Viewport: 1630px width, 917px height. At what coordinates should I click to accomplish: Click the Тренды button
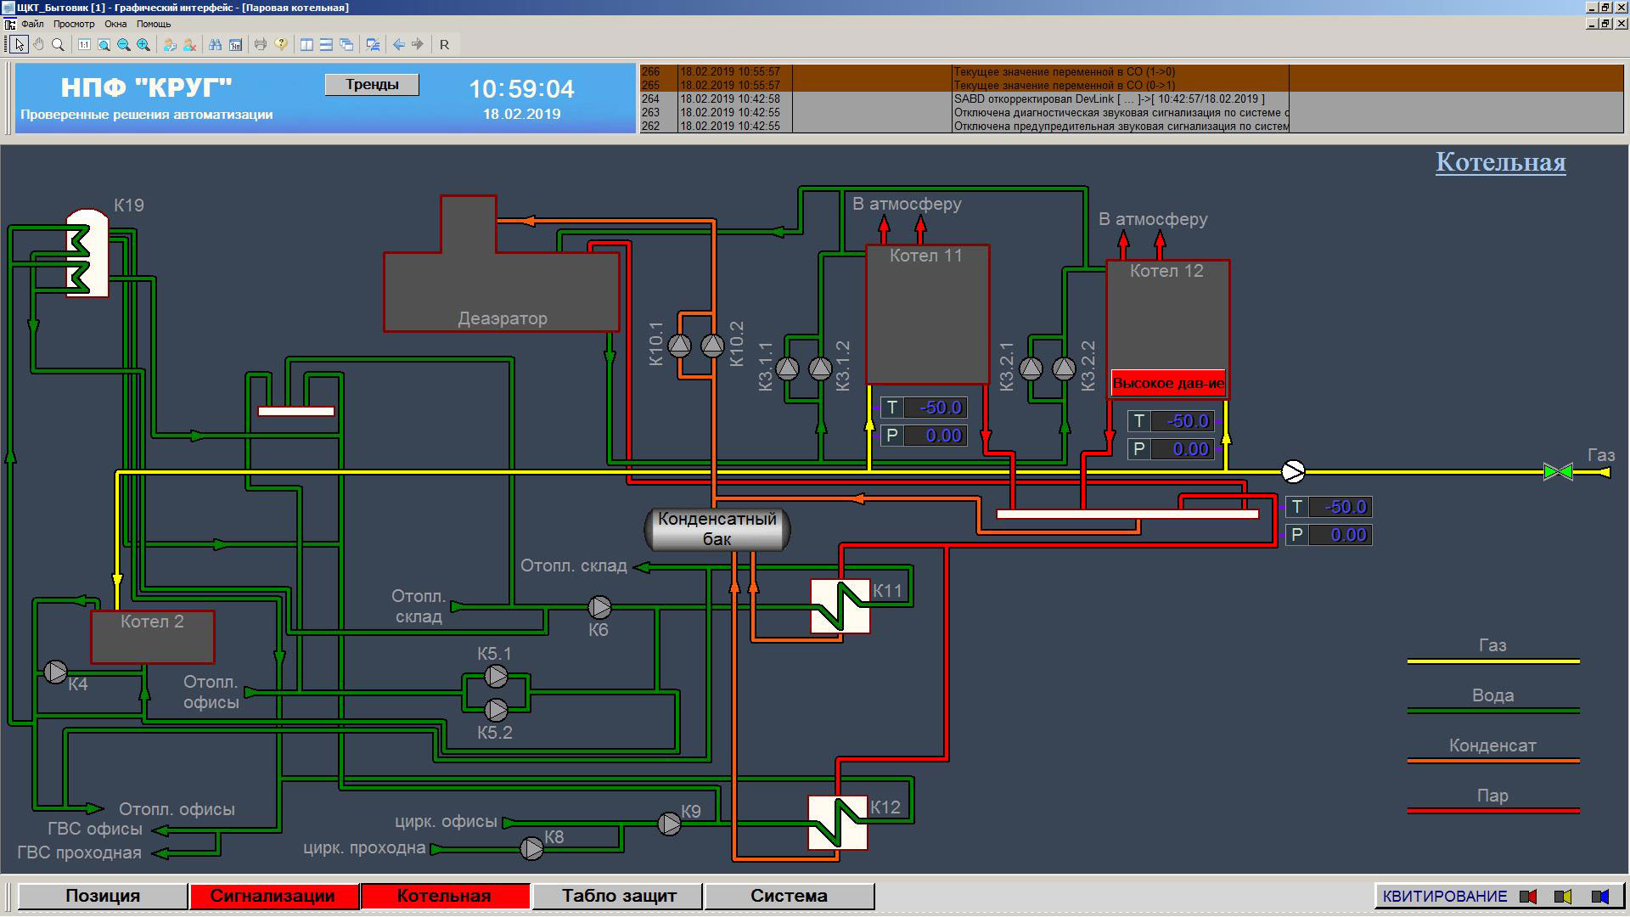point(372,84)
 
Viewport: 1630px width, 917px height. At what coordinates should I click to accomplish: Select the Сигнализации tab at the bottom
point(273,896)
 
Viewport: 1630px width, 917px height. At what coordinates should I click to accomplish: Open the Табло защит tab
point(619,896)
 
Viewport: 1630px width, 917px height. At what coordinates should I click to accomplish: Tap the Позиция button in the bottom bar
point(103,896)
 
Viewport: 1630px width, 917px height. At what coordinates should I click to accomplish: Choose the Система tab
point(790,896)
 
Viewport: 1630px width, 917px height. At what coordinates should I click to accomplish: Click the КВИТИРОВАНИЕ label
point(1445,897)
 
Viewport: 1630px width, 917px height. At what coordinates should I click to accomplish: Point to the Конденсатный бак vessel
point(717,529)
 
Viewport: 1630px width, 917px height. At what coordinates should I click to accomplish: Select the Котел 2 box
point(153,637)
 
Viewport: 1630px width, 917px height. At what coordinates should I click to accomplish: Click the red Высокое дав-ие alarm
point(1168,383)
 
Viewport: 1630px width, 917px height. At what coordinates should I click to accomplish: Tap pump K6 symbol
point(599,607)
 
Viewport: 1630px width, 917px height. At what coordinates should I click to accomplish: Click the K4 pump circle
point(55,672)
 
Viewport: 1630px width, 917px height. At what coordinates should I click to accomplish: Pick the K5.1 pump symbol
point(496,677)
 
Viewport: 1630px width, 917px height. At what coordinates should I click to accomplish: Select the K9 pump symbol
point(669,824)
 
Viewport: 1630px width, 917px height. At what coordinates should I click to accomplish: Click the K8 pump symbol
point(531,848)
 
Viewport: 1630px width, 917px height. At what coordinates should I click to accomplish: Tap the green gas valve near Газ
point(1558,472)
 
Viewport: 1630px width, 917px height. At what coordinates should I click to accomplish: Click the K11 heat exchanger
point(840,606)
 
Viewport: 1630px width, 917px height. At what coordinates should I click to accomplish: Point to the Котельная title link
point(1501,162)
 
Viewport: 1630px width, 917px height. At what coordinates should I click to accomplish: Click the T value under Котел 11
point(936,408)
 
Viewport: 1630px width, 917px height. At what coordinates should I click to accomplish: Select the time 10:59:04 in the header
point(522,89)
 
